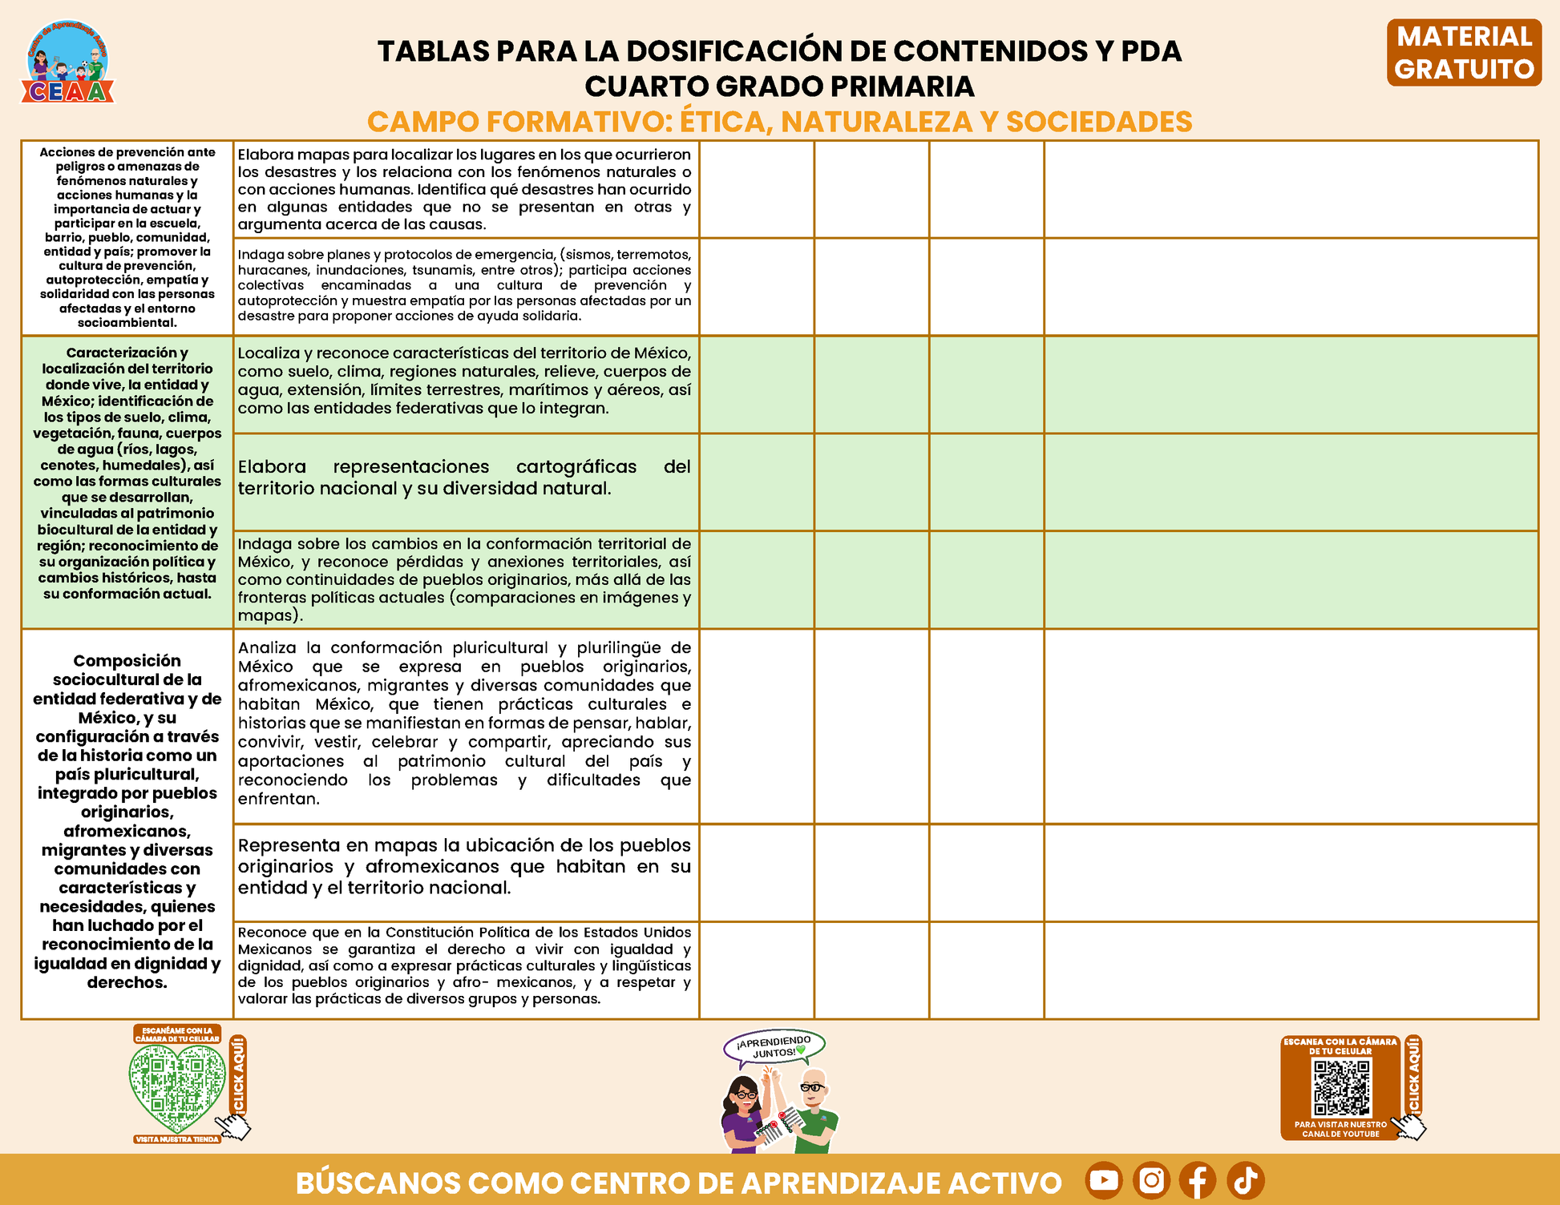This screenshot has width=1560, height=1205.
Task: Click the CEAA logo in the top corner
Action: point(68,62)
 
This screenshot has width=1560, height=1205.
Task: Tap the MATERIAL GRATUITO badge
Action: point(1464,53)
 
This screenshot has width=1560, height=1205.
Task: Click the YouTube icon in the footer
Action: point(1104,1180)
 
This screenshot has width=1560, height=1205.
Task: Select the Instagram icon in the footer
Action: point(1151,1180)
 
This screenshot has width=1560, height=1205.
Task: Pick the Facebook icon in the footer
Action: point(1198,1180)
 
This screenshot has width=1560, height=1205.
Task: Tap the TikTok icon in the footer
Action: point(1245,1180)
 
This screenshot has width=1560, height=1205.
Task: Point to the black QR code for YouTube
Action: point(1341,1088)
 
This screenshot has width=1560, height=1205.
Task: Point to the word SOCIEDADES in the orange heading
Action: point(1099,122)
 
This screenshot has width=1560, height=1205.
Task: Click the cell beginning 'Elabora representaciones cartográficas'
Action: point(464,478)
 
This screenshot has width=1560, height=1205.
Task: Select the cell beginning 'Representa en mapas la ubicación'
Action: point(464,867)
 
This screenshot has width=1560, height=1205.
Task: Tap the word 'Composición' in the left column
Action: point(127,661)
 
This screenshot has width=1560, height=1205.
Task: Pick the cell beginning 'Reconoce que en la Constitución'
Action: point(464,965)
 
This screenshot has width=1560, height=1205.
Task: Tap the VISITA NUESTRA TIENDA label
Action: point(177,1139)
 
